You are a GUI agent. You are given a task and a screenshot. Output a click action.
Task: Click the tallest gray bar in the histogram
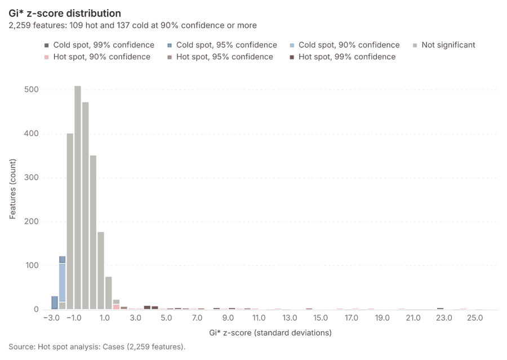tap(78, 198)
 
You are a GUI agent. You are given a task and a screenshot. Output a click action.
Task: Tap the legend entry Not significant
tap(444, 45)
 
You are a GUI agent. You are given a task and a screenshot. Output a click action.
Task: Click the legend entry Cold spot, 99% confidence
tap(99, 45)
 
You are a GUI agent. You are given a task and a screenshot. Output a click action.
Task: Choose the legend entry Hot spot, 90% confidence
tap(97, 57)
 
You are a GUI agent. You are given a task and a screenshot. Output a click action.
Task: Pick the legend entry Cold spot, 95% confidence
tap(222, 45)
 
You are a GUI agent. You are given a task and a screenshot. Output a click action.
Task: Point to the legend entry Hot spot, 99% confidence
tap(343, 57)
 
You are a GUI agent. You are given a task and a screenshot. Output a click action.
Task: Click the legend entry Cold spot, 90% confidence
tap(345, 45)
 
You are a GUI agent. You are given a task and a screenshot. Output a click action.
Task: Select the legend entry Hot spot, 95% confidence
tap(220, 57)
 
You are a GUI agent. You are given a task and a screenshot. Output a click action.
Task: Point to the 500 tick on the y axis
tap(32, 90)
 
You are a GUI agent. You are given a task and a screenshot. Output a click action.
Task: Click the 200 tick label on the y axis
tap(32, 221)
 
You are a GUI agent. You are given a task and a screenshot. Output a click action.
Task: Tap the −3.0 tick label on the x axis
tap(51, 318)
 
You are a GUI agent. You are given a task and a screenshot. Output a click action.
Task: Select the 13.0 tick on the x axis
tap(290, 318)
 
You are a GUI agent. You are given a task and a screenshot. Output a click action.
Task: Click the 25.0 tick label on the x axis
tap(475, 318)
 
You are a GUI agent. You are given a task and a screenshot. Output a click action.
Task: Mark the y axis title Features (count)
tap(12, 189)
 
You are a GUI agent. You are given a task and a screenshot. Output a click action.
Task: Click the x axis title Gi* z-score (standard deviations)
tap(270, 333)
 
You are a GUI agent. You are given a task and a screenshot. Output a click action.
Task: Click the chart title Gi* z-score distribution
tap(65, 14)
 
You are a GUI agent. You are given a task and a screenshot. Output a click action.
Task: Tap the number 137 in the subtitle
tap(123, 25)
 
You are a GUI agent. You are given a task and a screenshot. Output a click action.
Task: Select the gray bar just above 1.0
tap(101, 271)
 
